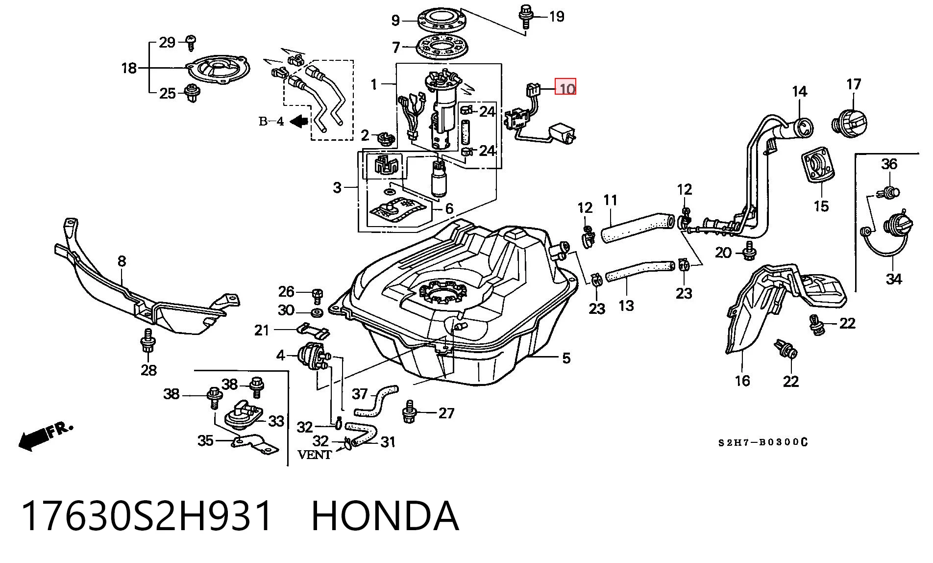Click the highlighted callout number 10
[565, 88]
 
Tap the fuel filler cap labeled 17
[849, 122]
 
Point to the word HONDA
[385, 516]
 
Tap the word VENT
[315, 455]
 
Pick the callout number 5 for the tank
[566, 358]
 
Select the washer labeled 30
[317, 312]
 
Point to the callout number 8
[122, 261]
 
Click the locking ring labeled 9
[442, 20]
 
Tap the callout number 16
[742, 381]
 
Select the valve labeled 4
[312, 355]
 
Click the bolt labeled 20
[749, 251]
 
